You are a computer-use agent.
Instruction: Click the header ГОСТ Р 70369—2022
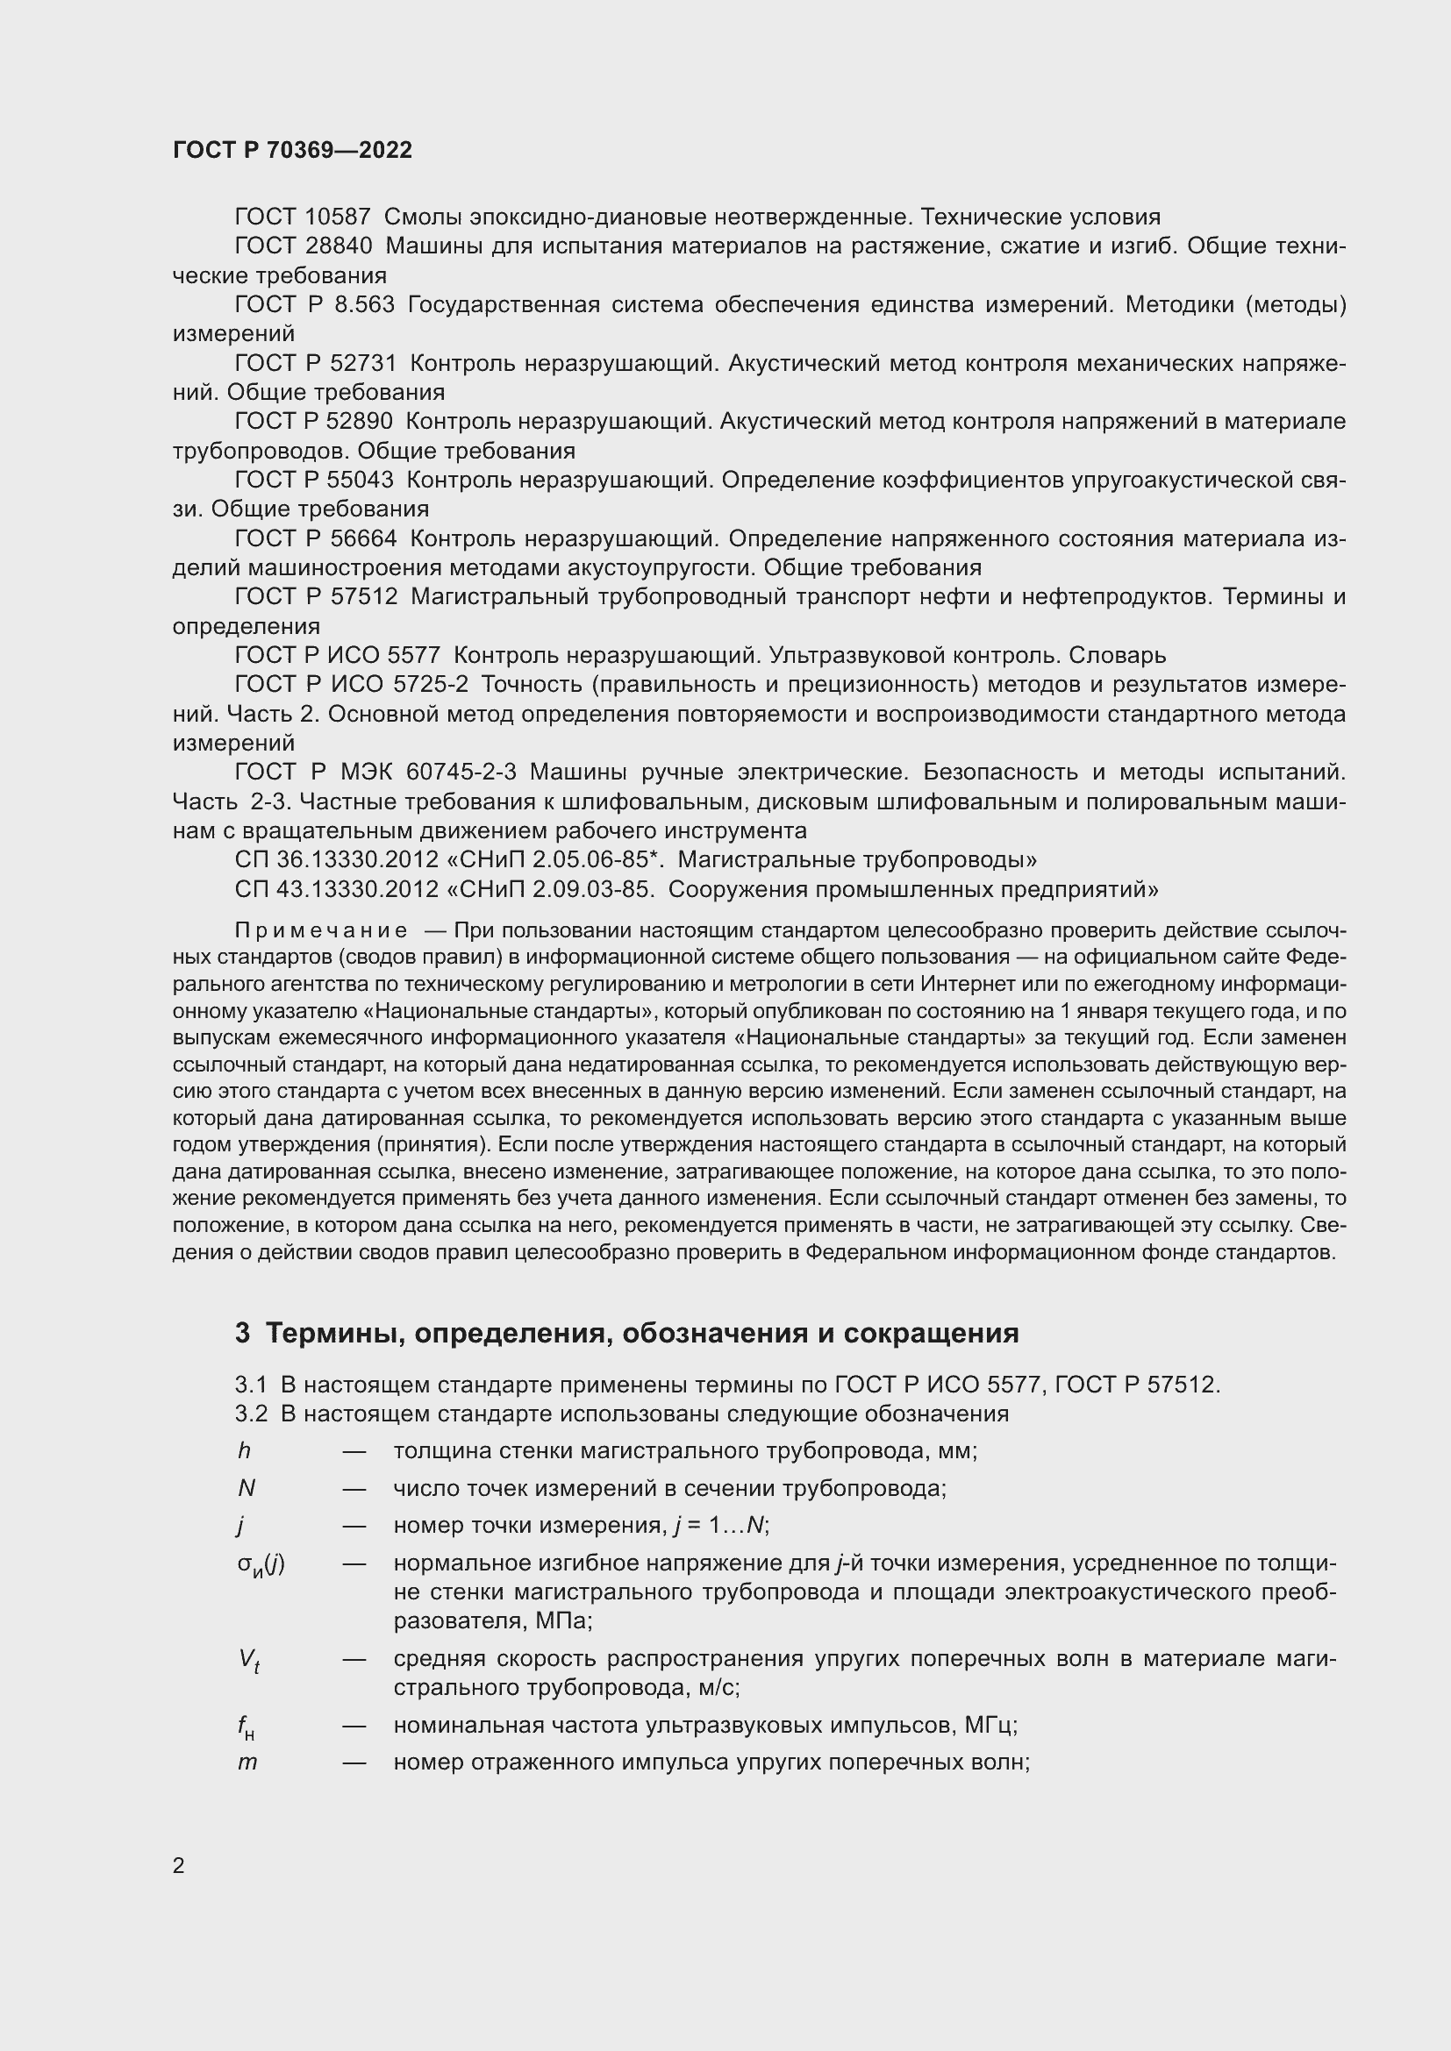pyautogui.click(x=292, y=150)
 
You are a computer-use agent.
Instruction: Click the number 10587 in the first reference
pyautogui.click(x=337, y=217)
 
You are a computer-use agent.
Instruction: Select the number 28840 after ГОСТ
pyautogui.click(x=338, y=246)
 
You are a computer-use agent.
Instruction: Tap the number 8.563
pyautogui.click(x=363, y=304)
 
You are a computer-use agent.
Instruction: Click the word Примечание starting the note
pyautogui.click(x=321, y=931)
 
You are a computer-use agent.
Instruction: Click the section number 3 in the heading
pyautogui.click(x=242, y=1333)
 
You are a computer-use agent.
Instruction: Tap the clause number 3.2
pyautogui.click(x=251, y=1414)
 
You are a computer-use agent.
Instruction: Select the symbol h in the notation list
pyautogui.click(x=244, y=1450)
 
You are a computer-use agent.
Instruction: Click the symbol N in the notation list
pyautogui.click(x=247, y=1487)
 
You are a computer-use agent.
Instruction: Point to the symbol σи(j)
pyautogui.click(x=261, y=1564)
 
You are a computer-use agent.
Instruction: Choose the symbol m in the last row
pyautogui.click(x=247, y=1763)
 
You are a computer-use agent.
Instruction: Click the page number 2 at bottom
pyautogui.click(x=179, y=1866)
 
